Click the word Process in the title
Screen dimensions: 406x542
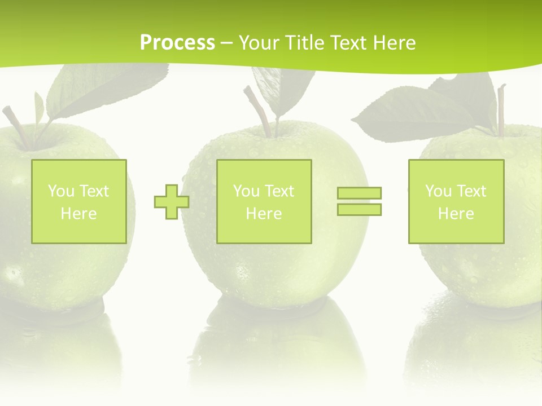177,43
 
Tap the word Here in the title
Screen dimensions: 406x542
394,43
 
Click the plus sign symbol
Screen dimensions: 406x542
172,202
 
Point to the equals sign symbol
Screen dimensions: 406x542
359,201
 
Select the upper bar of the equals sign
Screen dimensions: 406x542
359,193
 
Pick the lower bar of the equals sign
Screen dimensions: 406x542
359,209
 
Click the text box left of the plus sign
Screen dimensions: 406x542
79,201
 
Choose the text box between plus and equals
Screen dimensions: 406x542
264,201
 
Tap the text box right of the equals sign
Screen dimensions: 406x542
456,201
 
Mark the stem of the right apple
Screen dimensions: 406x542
501,110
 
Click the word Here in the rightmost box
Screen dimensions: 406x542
456,214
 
